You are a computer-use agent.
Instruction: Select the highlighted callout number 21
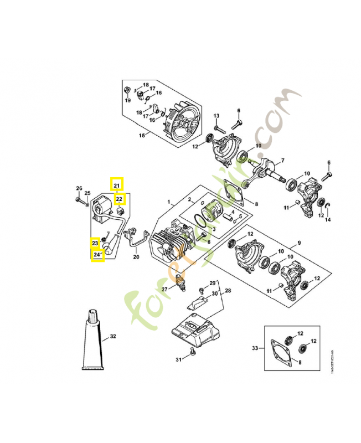coord(117,185)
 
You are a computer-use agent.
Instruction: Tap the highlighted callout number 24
coord(97,255)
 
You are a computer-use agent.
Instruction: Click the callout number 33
coord(255,348)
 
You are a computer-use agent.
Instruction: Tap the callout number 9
coord(299,243)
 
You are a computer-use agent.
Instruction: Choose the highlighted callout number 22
coord(120,198)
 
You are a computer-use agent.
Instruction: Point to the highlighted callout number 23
coord(95,243)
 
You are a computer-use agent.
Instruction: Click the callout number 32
coord(113,336)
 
